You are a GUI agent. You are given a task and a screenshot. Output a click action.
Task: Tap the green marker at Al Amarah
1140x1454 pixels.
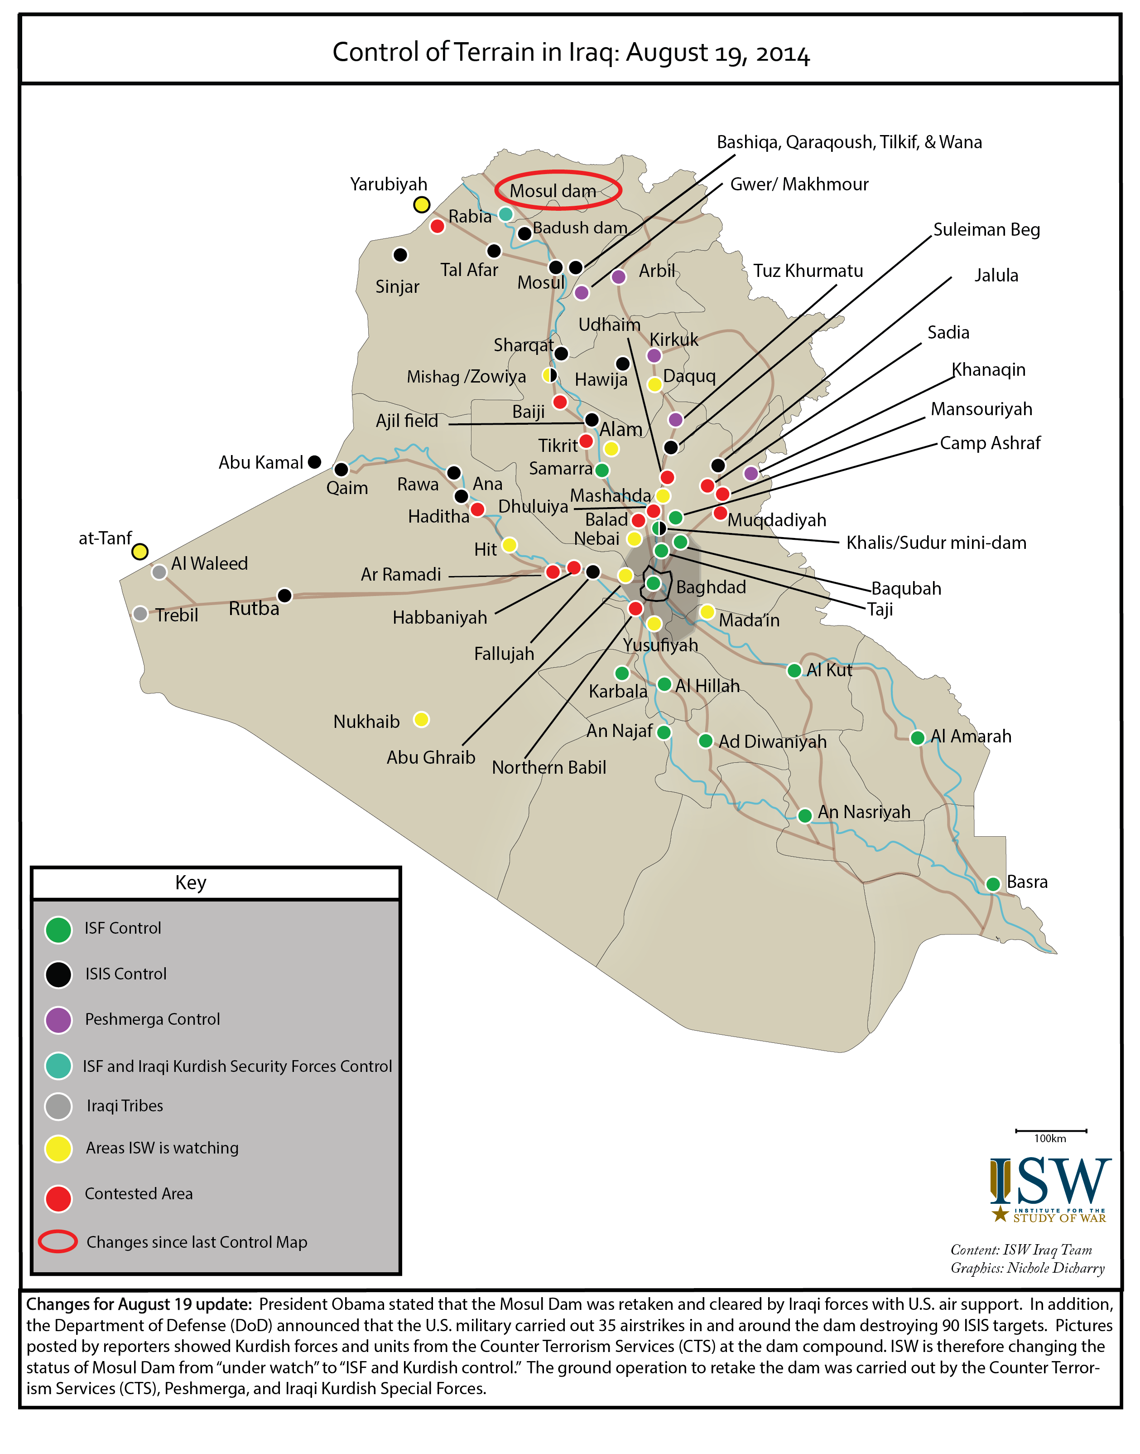point(917,737)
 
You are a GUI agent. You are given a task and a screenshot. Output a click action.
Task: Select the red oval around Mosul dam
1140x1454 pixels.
point(558,189)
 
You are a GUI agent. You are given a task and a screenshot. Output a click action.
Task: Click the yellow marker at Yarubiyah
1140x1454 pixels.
point(421,204)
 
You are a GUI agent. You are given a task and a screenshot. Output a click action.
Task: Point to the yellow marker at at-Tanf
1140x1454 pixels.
point(139,551)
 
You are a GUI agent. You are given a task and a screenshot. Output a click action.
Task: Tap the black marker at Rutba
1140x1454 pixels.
point(284,595)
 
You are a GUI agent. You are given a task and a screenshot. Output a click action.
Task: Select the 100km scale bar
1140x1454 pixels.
point(1051,1131)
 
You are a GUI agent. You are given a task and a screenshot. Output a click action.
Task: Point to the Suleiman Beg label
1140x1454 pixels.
point(986,230)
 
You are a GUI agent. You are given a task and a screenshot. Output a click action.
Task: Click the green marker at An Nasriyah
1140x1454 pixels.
point(805,815)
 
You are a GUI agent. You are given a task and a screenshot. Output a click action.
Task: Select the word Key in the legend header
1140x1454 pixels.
point(191,883)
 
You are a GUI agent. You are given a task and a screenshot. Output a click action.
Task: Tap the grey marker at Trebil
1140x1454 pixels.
point(140,613)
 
